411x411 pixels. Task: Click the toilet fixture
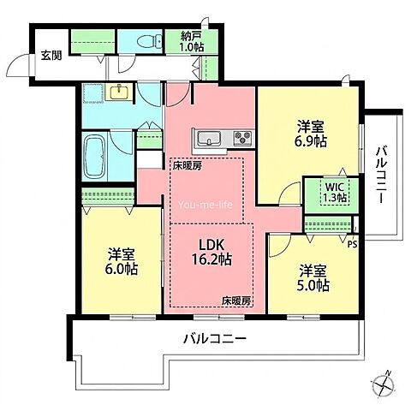point(149,41)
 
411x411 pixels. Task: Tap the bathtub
point(95,156)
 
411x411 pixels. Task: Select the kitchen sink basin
point(210,138)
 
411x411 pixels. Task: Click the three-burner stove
point(243,138)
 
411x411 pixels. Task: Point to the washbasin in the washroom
point(119,92)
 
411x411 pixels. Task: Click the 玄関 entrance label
point(51,56)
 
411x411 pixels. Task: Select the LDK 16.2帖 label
point(211,252)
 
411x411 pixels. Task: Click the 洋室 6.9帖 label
point(312,134)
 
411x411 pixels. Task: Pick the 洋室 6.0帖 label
point(122,261)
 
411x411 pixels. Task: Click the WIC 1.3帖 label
point(336,192)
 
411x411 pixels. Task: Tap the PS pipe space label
point(353,245)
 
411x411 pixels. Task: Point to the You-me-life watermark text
point(205,205)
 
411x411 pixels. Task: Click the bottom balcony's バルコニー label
point(215,339)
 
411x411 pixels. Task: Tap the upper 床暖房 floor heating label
point(187,166)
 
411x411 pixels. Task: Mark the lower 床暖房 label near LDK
point(236,301)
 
